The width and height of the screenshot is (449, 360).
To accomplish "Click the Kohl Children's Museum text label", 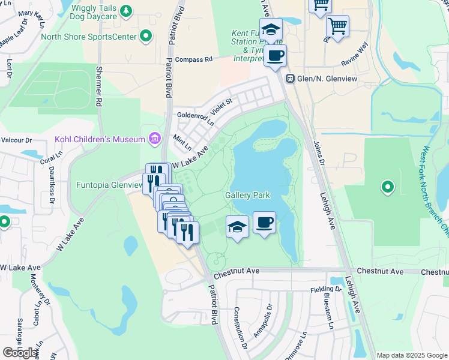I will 100,139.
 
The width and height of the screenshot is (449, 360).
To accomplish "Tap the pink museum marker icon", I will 155,139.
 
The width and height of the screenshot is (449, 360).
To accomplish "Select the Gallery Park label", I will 247,195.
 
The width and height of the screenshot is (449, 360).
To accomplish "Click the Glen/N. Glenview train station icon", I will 290,78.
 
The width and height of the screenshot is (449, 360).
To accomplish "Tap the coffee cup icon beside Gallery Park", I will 264,223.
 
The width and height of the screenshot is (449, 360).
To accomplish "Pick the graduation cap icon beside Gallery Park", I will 237,227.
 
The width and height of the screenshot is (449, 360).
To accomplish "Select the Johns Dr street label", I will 318,153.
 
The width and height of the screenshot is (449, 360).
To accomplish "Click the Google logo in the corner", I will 20,353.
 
